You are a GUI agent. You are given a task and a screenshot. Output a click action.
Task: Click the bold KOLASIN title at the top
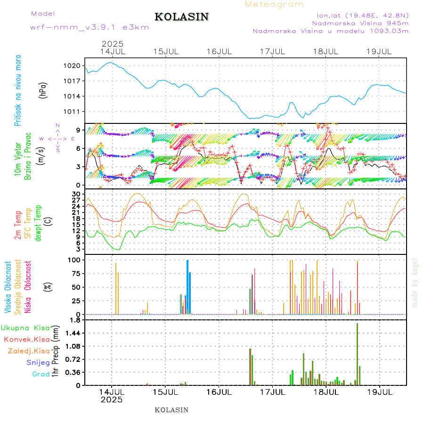[x=181, y=17]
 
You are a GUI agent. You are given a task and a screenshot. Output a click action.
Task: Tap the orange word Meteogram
[x=274, y=4]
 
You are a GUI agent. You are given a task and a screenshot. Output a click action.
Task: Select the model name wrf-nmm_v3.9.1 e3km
[x=90, y=27]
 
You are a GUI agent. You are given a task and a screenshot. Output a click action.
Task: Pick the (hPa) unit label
[x=43, y=90]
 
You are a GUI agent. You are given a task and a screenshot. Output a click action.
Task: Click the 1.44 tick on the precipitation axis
[x=73, y=333]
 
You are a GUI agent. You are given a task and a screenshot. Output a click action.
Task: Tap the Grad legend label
[x=41, y=375]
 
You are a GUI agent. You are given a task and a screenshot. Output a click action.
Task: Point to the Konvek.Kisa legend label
[x=27, y=339]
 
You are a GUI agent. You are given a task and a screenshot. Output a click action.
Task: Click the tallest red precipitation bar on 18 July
[x=358, y=353]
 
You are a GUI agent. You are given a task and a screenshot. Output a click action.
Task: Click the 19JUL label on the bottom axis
[x=379, y=392]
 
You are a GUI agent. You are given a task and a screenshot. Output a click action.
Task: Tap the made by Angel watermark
[x=415, y=283]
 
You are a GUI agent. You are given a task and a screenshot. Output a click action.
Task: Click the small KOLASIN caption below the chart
[x=171, y=410]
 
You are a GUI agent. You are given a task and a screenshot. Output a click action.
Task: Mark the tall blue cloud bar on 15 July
[x=188, y=286]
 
